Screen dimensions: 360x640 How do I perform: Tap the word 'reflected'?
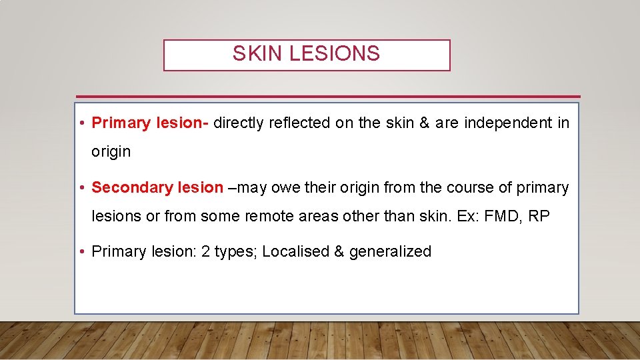300,123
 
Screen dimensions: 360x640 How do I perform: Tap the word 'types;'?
241,251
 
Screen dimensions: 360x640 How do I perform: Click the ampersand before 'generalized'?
339,251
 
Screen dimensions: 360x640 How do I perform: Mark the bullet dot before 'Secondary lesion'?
81,188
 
